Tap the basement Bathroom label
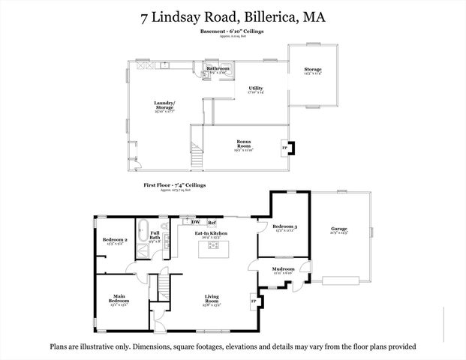click(218, 68)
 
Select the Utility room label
click(256, 88)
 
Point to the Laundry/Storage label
click(164, 106)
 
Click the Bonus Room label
click(242, 145)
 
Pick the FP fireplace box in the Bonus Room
click(284, 147)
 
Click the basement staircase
click(197, 153)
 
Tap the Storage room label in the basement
click(312, 72)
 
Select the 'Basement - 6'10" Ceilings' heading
click(232, 31)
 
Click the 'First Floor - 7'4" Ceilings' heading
click(174, 184)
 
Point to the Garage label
click(339, 229)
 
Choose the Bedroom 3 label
click(284, 227)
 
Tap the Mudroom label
click(283, 268)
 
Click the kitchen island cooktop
click(212, 250)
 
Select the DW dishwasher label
click(195, 222)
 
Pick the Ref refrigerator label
click(212, 222)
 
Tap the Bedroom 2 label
click(114, 241)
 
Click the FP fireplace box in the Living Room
click(253, 301)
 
